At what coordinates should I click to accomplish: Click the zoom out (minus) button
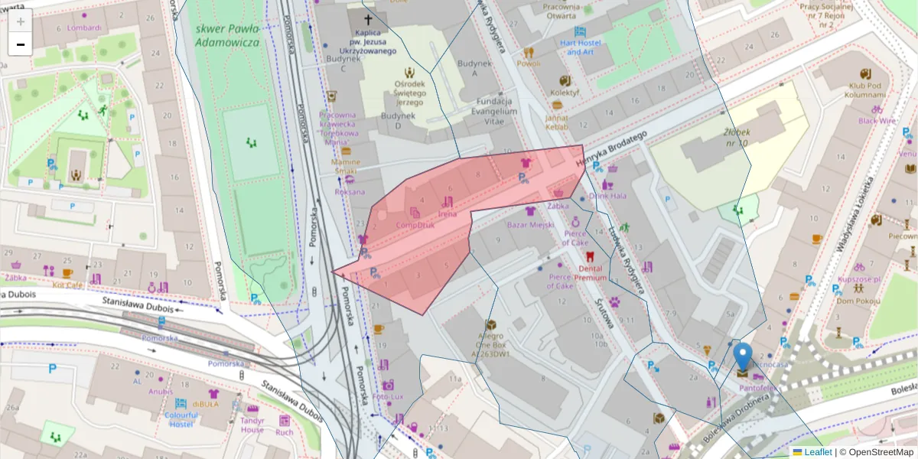click(x=21, y=44)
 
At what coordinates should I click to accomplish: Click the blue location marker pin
click(x=742, y=357)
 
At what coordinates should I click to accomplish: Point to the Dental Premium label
click(x=592, y=273)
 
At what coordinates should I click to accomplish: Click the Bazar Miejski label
click(x=531, y=225)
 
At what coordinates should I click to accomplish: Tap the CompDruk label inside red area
click(x=415, y=225)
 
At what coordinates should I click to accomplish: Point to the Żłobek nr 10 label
click(x=737, y=138)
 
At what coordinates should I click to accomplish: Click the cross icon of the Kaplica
click(x=368, y=19)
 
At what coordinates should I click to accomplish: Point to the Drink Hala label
click(x=607, y=196)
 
